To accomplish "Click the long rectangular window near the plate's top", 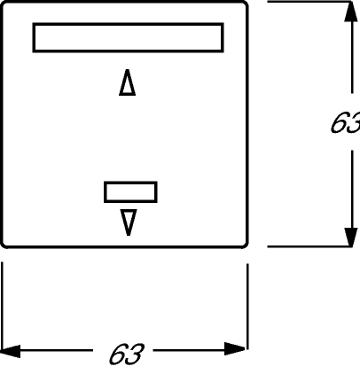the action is pyautogui.click(x=128, y=24).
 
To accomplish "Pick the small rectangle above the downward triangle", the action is pyautogui.click(x=130, y=183).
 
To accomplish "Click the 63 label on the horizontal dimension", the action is pyautogui.click(x=127, y=354).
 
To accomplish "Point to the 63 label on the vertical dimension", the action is pyautogui.click(x=345, y=122).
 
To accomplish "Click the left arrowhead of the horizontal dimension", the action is pyautogui.click(x=11, y=351).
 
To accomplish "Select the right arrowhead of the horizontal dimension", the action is pyautogui.click(x=235, y=349).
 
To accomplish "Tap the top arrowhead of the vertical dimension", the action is pyautogui.click(x=351, y=12).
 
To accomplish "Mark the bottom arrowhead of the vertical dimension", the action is pyautogui.click(x=351, y=238).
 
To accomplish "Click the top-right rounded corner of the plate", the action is pyautogui.click(x=245, y=4).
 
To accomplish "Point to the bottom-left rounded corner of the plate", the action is pyautogui.click(x=4, y=245).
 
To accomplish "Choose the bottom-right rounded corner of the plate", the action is pyautogui.click(x=246, y=245).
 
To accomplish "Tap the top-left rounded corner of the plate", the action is pyautogui.click(x=4, y=4).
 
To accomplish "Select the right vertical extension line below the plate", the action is pyautogui.click(x=247, y=307).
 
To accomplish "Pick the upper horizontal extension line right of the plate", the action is pyautogui.click(x=309, y=2).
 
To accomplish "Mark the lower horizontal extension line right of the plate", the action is pyautogui.click(x=309, y=246).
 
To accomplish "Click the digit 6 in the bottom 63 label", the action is pyautogui.click(x=118, y=354).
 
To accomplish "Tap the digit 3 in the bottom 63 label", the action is pyautogui.click(x=136, y=354).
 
